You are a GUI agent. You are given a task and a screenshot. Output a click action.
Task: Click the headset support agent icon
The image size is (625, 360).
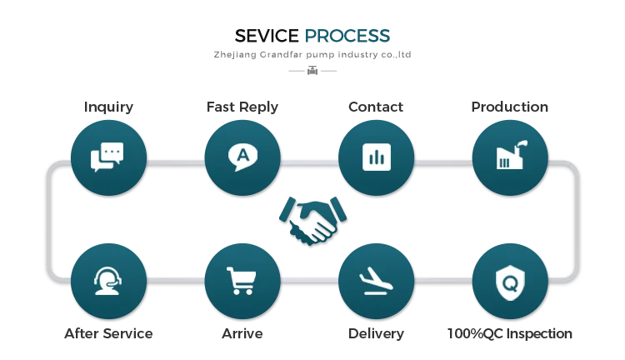(107, 281)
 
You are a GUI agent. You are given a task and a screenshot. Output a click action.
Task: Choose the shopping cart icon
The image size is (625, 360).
(242, 281)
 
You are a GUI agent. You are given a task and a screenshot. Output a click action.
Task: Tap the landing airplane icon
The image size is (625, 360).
(376, 281)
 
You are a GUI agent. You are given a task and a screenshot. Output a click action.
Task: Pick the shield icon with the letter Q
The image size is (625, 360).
(509, 281)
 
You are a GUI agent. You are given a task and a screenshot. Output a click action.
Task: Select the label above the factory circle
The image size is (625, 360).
(509, 107)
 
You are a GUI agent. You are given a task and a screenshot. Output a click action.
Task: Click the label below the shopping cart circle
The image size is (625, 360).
(242, 333)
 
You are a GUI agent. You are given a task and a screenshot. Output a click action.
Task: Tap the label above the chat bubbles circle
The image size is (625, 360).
(107, 107)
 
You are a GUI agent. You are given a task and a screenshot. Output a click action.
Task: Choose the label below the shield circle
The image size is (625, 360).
(509, 333)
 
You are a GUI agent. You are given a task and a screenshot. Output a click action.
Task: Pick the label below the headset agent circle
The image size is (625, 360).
(107, 333)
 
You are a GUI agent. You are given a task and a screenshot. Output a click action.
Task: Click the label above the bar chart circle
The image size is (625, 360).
(376, 107)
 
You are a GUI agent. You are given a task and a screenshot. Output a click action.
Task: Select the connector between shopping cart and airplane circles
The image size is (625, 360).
(308, 281)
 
